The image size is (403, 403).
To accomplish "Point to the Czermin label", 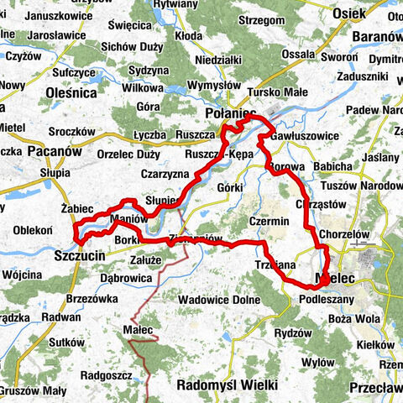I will click(269, 220).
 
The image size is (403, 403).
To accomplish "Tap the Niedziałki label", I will click(218, 60).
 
